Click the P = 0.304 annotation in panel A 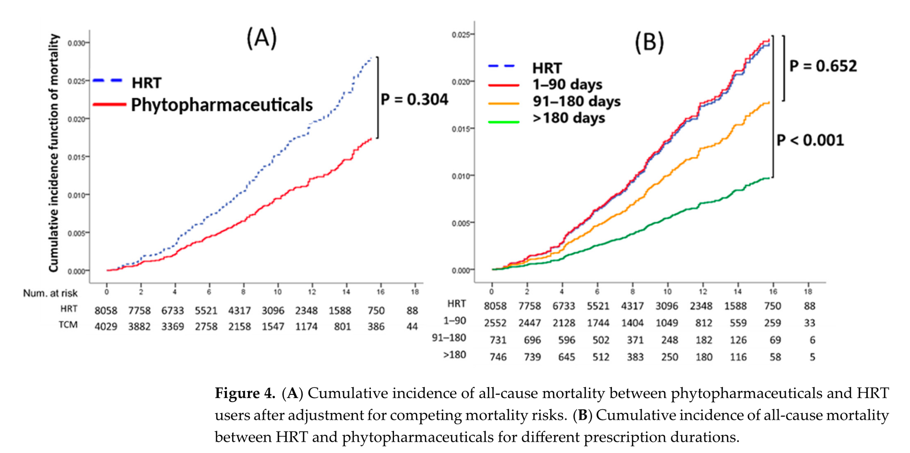415,99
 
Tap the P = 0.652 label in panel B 823,66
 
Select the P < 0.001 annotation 810,140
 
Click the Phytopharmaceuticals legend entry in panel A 222,105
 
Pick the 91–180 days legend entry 576,101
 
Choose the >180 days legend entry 569,118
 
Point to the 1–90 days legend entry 567,84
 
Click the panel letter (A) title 262,38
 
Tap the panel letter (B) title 649,42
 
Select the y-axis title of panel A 54,153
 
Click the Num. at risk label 51,293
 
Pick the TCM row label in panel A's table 68,325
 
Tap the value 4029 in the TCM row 106,327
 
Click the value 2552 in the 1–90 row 495,323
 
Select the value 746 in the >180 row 498,357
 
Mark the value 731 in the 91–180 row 498,340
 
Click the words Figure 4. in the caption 245,393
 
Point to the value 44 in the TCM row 412,327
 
